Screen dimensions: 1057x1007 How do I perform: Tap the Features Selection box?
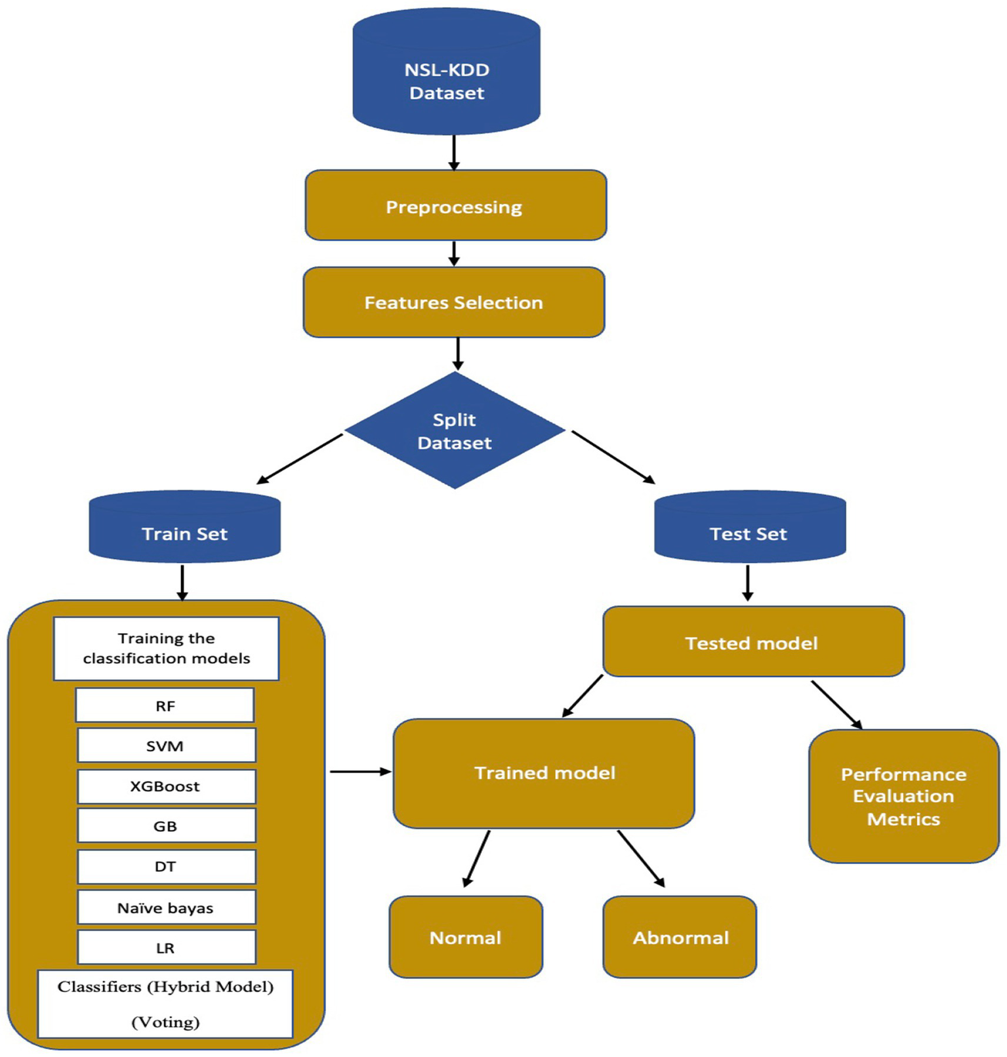coord(453,302)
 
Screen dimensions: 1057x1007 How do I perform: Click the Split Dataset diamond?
coord(455,430)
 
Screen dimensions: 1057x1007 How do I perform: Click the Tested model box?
coord(753,642)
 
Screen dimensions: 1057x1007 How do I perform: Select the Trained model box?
coord(544,773)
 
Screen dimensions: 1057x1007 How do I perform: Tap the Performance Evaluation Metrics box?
coord(903,796)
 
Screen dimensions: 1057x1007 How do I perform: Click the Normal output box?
coord(466,937)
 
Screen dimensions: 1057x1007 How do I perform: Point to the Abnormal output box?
coord(680,937)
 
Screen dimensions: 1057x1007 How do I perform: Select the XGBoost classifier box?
coord(166,786)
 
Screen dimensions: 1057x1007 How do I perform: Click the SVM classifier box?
coord(166,745)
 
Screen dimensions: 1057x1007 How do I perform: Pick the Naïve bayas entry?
coord(166,907)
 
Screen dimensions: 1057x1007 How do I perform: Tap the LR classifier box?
coord(166,947)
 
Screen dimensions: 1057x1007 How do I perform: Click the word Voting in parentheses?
coord(165,1022)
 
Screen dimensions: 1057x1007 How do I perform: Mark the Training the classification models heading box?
coord(166,648)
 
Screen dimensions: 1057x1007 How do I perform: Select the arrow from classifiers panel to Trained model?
coord(360,772)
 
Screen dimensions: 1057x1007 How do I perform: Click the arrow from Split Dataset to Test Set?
coord(613,457)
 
